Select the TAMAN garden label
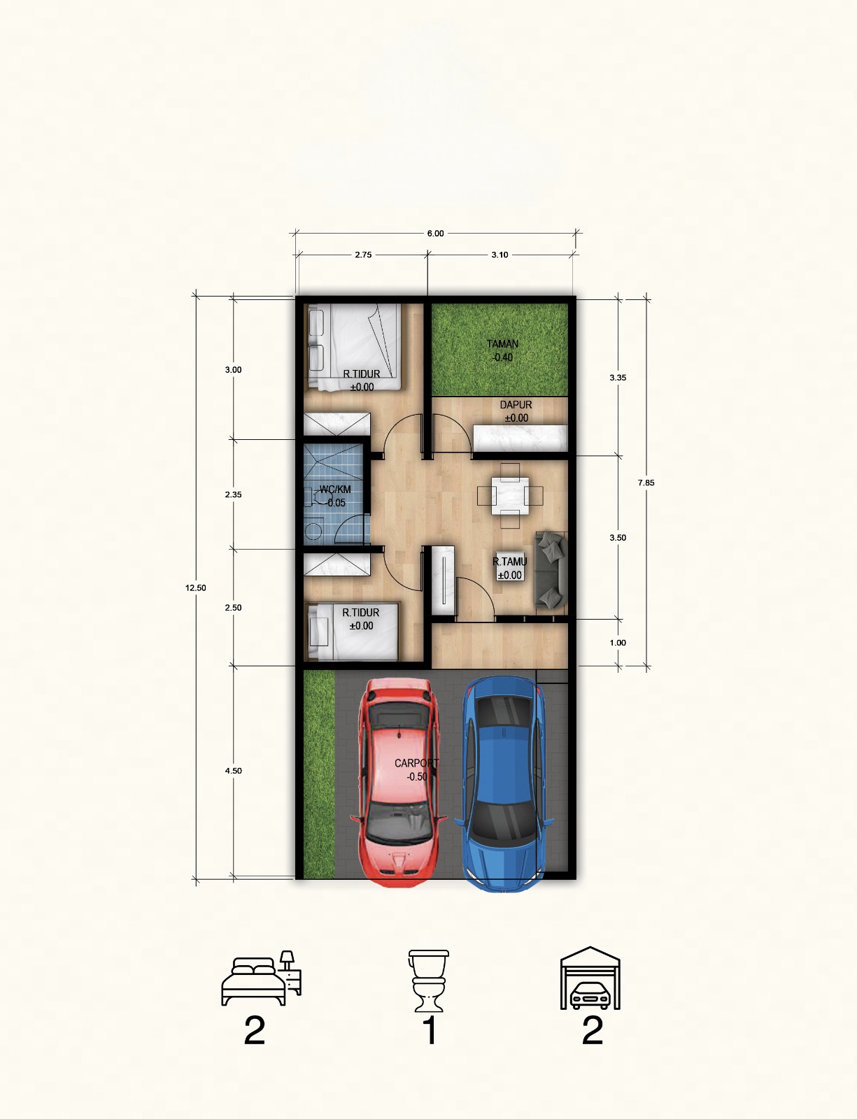(502, 343)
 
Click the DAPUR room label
(516, 405)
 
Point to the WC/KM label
(335, 489)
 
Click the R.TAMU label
(509, 562)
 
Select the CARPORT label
(417, 763)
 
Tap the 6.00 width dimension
(435, 234)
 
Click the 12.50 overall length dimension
(196, 587)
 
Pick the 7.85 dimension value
(646, 483)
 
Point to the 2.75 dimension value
(363, 255)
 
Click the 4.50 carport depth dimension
(233, 771)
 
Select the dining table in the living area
(510, 495)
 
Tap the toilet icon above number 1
(428, 981)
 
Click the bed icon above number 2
(261, 978)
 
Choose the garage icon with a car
(590, 978)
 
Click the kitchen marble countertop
(520, 439)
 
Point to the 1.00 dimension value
(618, 643)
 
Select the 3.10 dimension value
(500, 255)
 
